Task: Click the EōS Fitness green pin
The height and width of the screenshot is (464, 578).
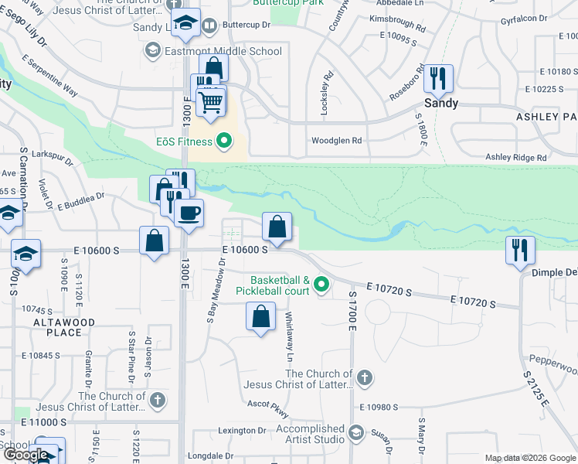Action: coord(225,141)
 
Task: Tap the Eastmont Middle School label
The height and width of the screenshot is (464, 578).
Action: coord(212,51)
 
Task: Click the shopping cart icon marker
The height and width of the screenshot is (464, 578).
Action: coord(210,102)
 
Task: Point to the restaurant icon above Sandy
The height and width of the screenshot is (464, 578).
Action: coord(437,78)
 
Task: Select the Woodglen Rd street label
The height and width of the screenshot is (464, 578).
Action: coord(336,141)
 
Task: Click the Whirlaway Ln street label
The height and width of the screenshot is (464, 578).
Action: coord(289,336)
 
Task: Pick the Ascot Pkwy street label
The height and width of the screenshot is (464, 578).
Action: coord(267,404)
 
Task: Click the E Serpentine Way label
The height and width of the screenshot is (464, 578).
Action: coord(49,75)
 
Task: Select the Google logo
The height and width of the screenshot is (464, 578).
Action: coord(25,455)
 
